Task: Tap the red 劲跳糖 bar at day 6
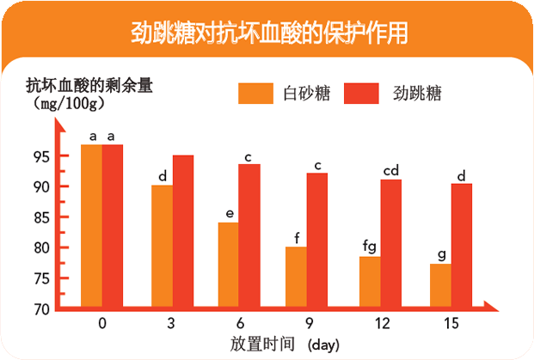[x=249, y=235]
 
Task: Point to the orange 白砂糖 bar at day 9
[x=297, y=276]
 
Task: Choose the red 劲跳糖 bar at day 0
[x=113, y=225]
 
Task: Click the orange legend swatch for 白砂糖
[x=255, y=93]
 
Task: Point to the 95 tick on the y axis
[x=41, y=156]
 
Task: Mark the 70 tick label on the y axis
[x=41, y=309]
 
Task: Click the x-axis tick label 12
[x=381, y=323]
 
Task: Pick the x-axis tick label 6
[x=239, y=323]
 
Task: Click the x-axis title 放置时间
[x=262, y=344]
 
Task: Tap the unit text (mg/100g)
[x=65, y=103]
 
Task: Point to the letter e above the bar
[x=229, y=213]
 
